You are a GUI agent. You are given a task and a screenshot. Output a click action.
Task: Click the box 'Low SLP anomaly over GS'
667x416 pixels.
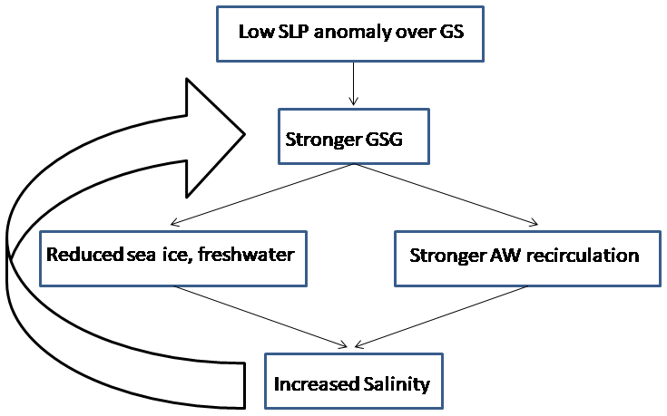350,34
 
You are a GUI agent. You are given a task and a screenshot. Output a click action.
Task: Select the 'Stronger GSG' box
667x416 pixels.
352,139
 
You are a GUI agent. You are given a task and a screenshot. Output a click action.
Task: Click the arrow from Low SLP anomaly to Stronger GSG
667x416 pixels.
351,87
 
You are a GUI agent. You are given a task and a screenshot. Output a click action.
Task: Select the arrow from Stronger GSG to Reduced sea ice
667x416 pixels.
263,195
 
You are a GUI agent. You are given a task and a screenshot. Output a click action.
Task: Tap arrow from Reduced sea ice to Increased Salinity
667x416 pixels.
263,317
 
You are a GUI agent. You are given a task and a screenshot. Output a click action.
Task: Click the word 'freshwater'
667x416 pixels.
251,255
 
